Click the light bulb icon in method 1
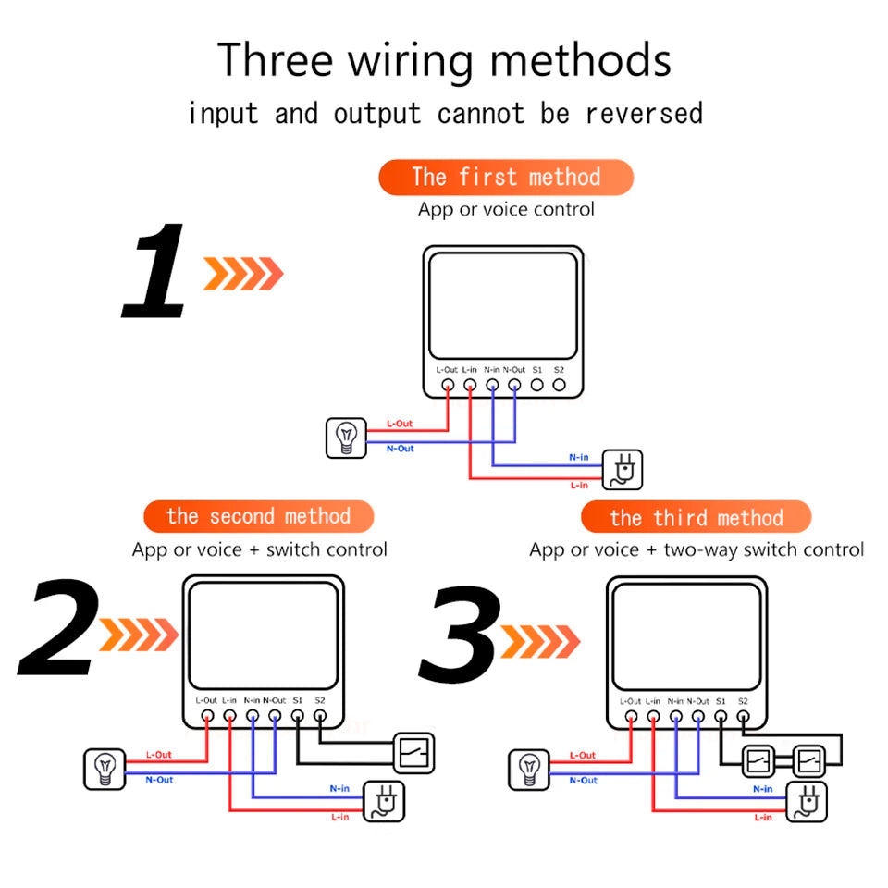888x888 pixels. [x=346, y=438]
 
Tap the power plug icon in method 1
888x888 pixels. [x=623, y=469]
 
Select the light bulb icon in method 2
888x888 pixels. [x=105, y=769]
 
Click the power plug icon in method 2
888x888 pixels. [x=383, y=801]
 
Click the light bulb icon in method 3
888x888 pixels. [x=529, y=769]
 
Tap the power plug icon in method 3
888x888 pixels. [x=806, y=801]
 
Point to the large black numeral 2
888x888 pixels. [x=57, y=629]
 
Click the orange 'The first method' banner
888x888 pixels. [x=505, y=177]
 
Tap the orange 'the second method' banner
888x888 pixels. [x=258, y=516]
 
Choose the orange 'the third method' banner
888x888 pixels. [x=696, y=517]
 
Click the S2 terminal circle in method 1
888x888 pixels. [x=559, y=384]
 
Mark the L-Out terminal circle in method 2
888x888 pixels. [x=207, y=715]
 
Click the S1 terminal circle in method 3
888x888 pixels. [x=721, y=715]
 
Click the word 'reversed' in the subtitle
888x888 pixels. [x=644, y=114]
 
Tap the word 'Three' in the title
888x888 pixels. [x=275, y=61]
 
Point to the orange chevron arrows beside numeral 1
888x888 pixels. [x=243, y=274]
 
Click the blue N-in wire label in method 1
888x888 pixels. [x=579, y=457]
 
